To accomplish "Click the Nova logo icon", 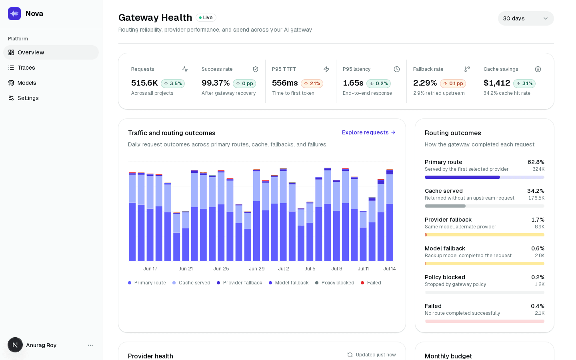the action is pyautogui.click(x=14, y=14).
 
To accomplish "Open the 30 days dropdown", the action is pyautogui.click(x=526, y=18).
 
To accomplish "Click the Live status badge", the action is pyautogui.click(x=206, y=18).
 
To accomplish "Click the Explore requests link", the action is pyautogui.click(x=368, y=132).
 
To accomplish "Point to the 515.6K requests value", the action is pyautogui.click(x=144, y=83).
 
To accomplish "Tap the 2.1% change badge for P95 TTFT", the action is pyautogui.click(x=312, y=84).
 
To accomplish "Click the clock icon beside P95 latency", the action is pyautogui.click(x=397, y=69).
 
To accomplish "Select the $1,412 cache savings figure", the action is pyautogui.click(x=496, y=83).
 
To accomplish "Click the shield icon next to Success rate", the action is pyautogui.click(x=255, y=69).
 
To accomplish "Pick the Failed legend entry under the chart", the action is pyautogui.click(x=371, y=283).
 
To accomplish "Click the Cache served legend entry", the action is pyautogui.click(x=191, y=283).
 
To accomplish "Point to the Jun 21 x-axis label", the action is pyautogui.click(x=186, y=269).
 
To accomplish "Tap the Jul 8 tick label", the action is pyautogui.click(x=337, y=269).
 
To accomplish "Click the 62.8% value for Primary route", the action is pyautogui.click(x=536, y=162).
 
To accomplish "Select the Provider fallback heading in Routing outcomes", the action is pyautogui.click(x=448, y=220).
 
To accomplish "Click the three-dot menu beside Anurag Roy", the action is pyautogui.click(x=90, y=345).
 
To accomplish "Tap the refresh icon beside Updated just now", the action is pyautogui.click(x=350, y=355).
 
